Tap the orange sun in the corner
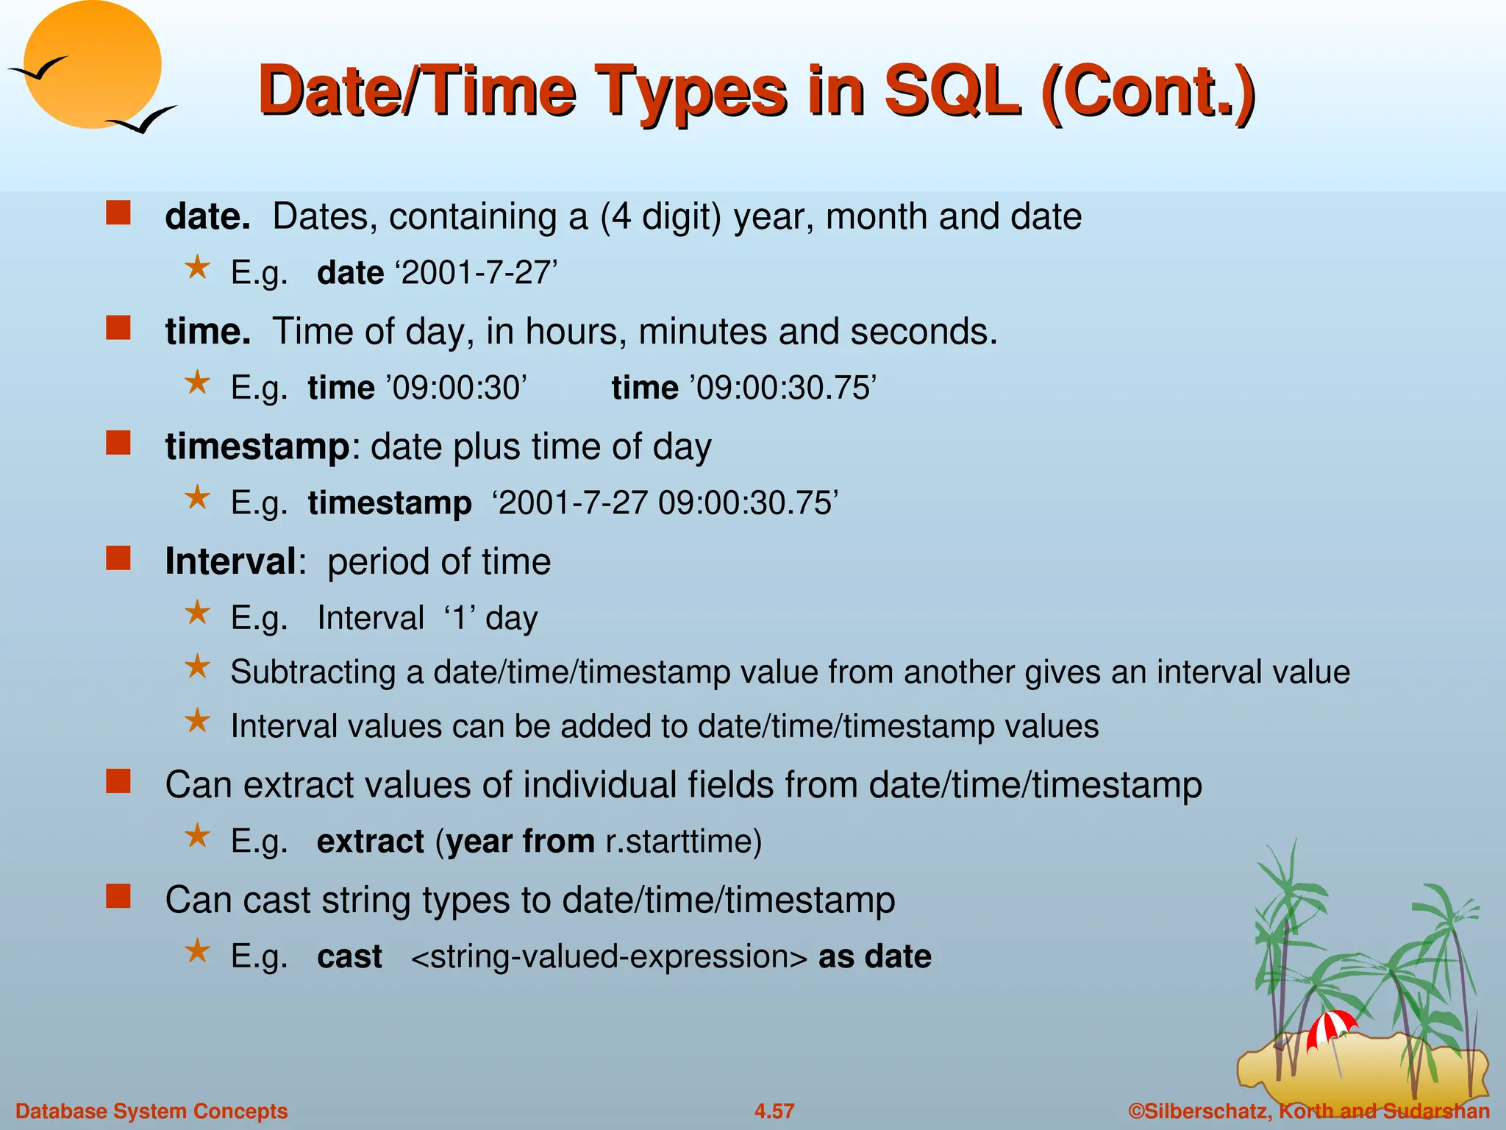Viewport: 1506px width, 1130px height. click(x=92, y=65)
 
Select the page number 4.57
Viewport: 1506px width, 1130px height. click(x=774, y=1111)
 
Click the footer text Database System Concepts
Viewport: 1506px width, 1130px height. click(x=151, y=1111)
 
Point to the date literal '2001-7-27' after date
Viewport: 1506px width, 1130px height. click(x=477, y=274)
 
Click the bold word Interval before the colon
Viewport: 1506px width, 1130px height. click(x=230, y=562)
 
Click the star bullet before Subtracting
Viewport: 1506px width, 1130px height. click(x=197, y=667)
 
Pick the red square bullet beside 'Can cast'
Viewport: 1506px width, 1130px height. click(x=118, y=897)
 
